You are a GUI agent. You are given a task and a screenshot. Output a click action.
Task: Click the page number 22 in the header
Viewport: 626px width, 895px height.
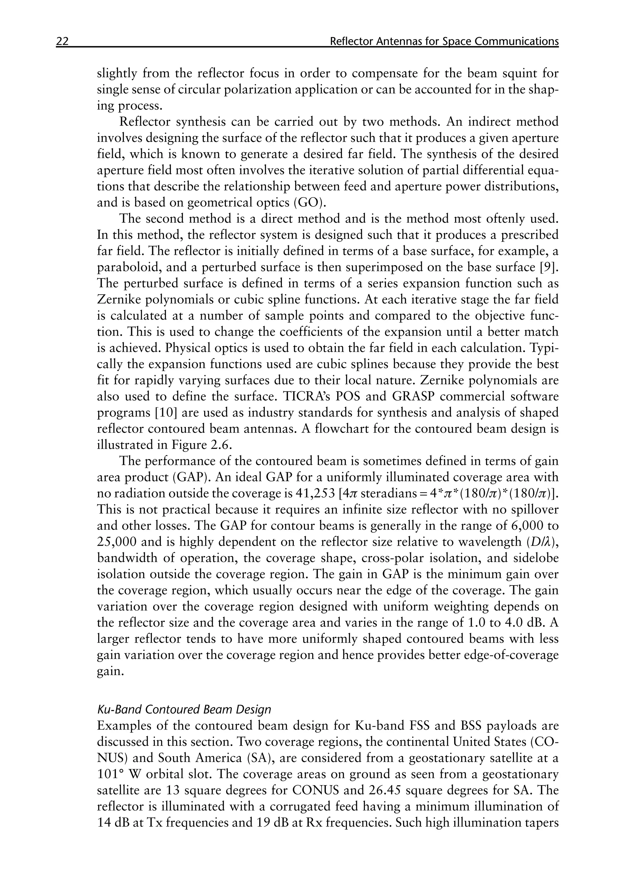pos(62,41)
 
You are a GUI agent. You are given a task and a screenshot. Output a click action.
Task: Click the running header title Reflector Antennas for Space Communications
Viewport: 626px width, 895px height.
pos(444,41)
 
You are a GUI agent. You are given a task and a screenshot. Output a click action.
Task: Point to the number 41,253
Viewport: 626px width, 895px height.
pos(314,493)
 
